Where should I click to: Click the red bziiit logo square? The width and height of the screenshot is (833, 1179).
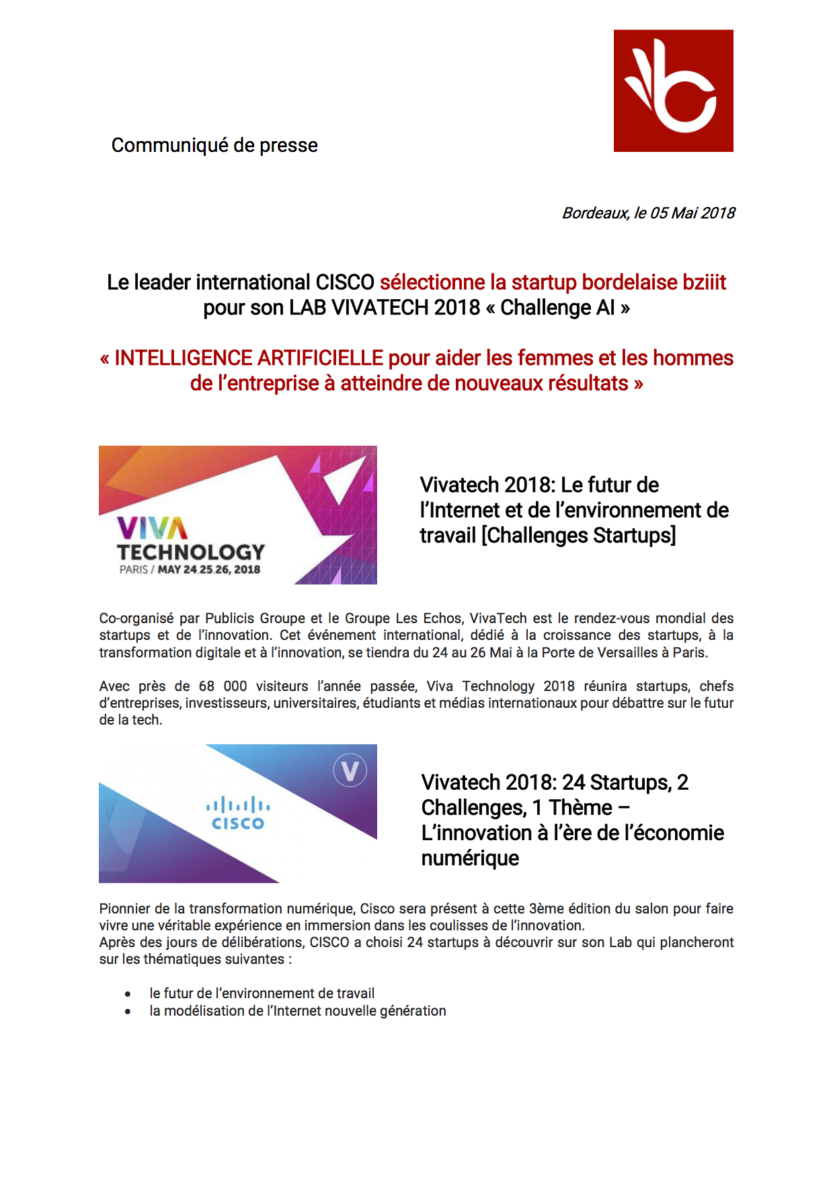click(x=673, y=91)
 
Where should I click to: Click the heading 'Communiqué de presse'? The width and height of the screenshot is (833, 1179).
click(x=214, y=145)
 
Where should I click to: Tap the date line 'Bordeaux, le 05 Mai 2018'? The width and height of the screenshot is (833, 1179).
click(x=648, y=213)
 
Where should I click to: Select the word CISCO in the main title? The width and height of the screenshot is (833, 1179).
click(x=345, y=282)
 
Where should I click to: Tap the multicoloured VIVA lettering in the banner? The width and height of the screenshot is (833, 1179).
click(x=152, y=528)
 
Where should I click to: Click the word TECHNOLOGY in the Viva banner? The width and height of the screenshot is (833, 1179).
click(x=191, y=553)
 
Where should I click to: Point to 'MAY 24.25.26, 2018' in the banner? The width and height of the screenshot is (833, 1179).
click(x=208, y=570)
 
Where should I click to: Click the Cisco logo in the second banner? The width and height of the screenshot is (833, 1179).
click(x=238, y=813)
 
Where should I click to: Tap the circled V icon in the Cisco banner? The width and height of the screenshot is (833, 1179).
click(x=350, y=770)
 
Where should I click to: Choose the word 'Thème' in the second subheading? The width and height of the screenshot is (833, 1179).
click(x=580, y=808)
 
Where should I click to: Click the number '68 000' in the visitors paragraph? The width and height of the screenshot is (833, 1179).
click(x=223, y=686)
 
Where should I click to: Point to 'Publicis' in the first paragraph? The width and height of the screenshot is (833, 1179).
click(x=229, y=618)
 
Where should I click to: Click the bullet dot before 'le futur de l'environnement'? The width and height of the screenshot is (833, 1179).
click(x=128, y=994)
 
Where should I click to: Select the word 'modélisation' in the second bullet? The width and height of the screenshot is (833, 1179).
click(x=206, y=1011)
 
